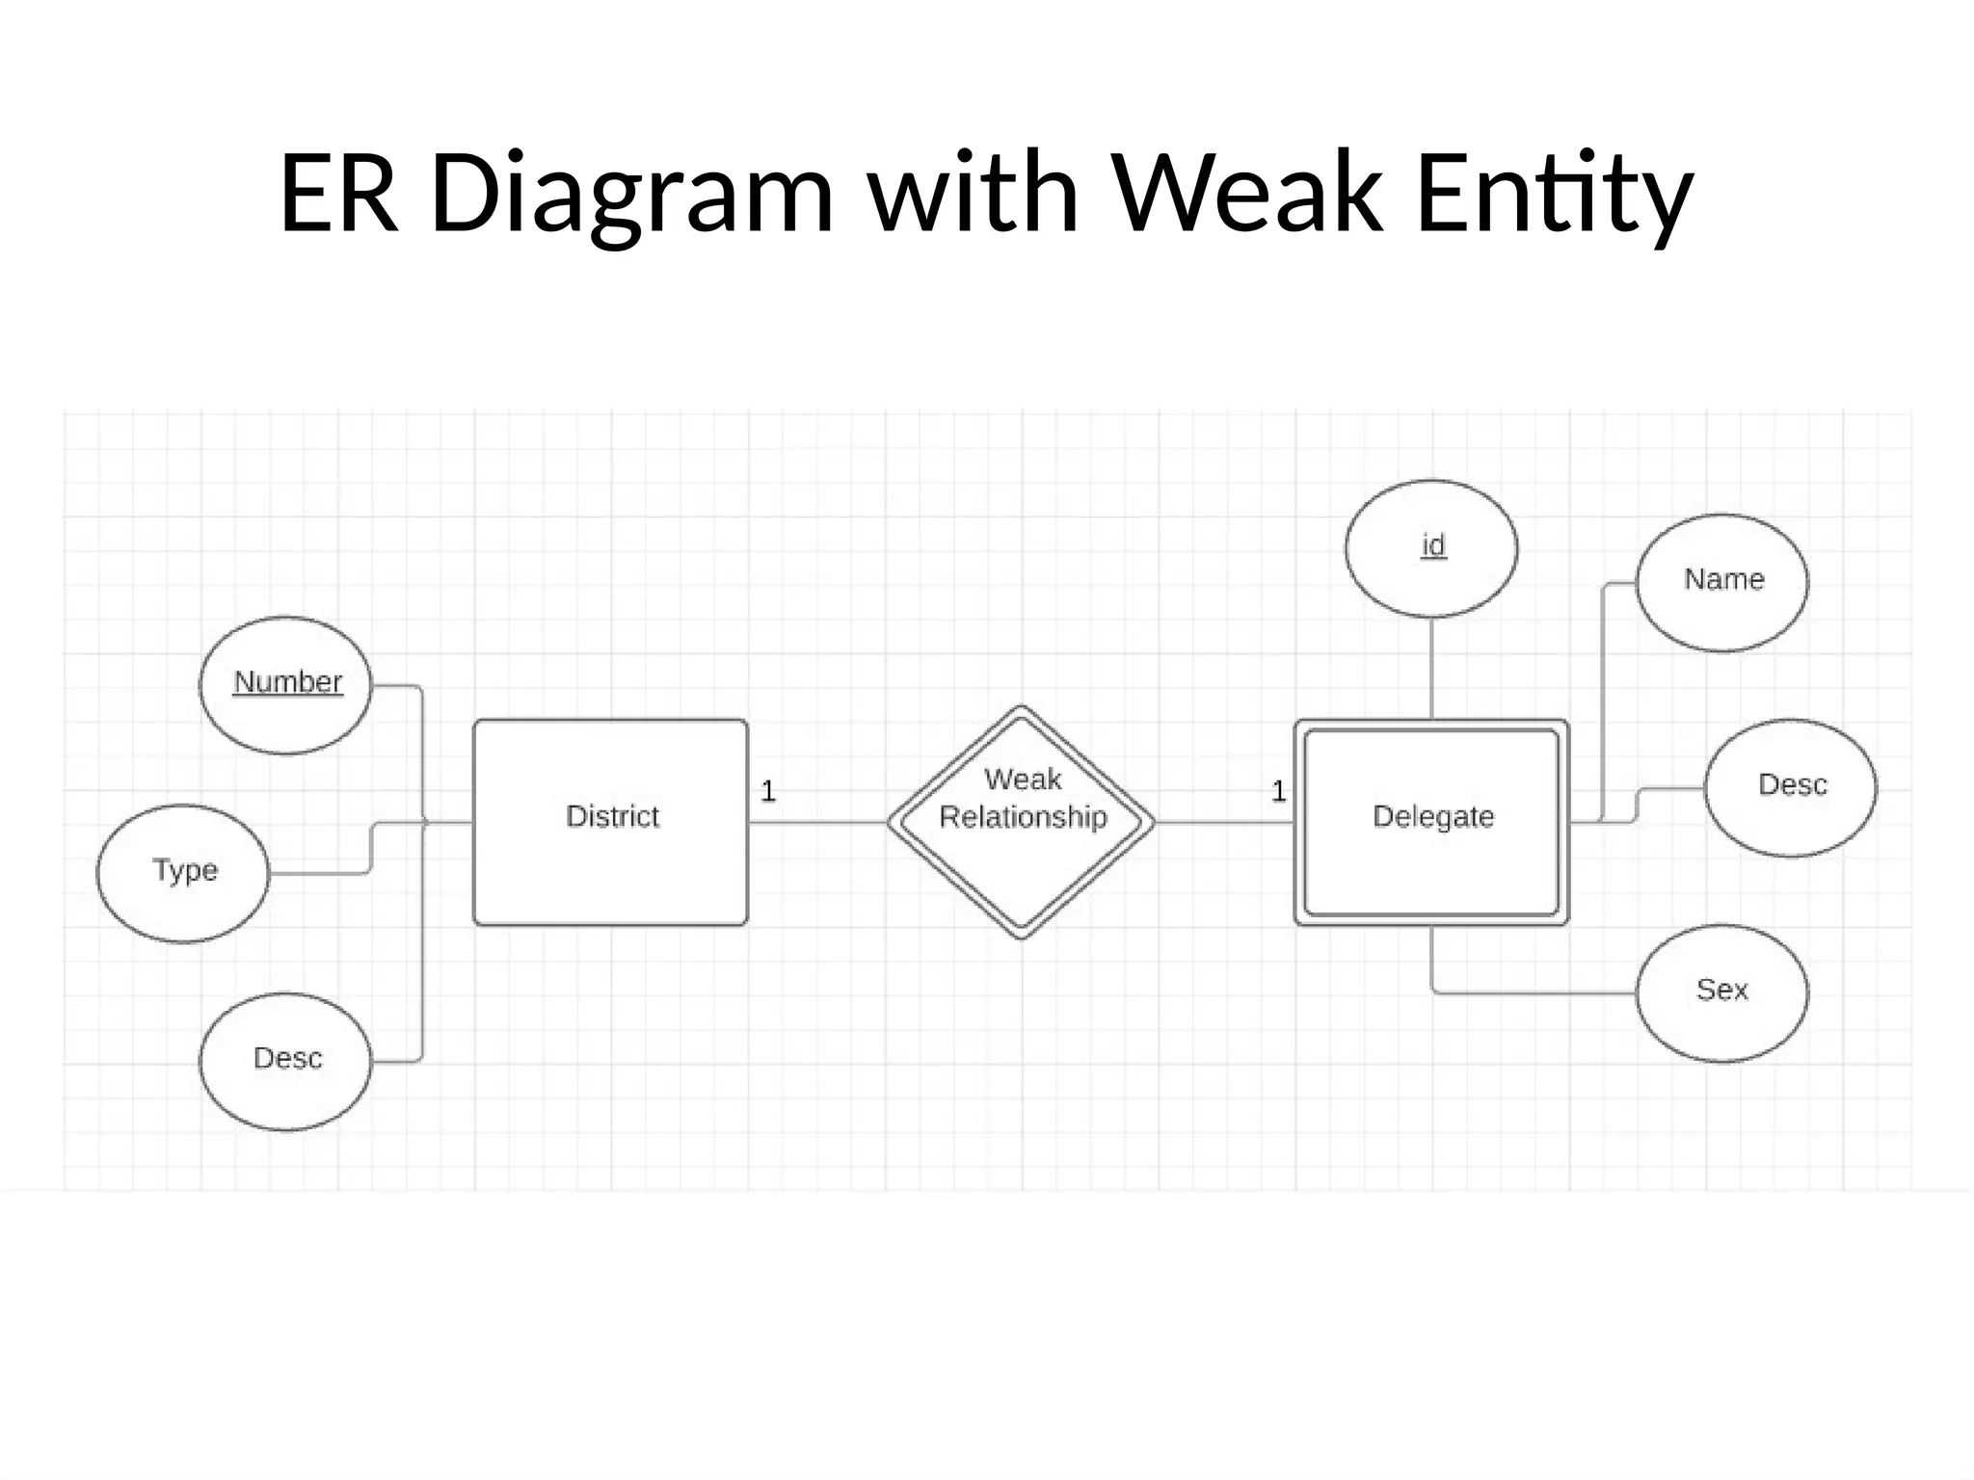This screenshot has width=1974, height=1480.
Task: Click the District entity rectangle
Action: (x=610, y=822)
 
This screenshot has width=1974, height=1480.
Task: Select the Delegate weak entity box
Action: (x=1431, y=822)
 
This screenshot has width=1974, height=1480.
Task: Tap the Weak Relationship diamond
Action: (x=1021, y=822)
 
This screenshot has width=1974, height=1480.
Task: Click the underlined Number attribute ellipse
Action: (x=285, y=685)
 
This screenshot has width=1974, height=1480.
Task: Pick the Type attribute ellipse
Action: (x=183, y=873)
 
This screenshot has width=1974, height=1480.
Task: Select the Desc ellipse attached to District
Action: (x=285, y=1061)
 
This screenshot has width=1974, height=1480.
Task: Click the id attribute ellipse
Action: (x=1431, y=548)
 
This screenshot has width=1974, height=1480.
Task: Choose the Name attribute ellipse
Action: (x=1722, y=582)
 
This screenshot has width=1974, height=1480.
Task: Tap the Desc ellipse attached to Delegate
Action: (x=1791, y=787)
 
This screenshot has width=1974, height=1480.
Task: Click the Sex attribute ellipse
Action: (x=1722, y=992)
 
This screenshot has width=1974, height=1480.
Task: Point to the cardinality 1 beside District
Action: (x=768, y=792)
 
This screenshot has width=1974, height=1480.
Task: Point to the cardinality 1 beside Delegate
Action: (x=1278, y=792)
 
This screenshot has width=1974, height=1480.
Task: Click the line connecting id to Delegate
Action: (x=1431, y=668)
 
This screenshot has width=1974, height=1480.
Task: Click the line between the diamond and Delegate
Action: (x=1224, y=823)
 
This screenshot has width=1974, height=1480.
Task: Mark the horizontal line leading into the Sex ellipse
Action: (x=1542, y=992)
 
